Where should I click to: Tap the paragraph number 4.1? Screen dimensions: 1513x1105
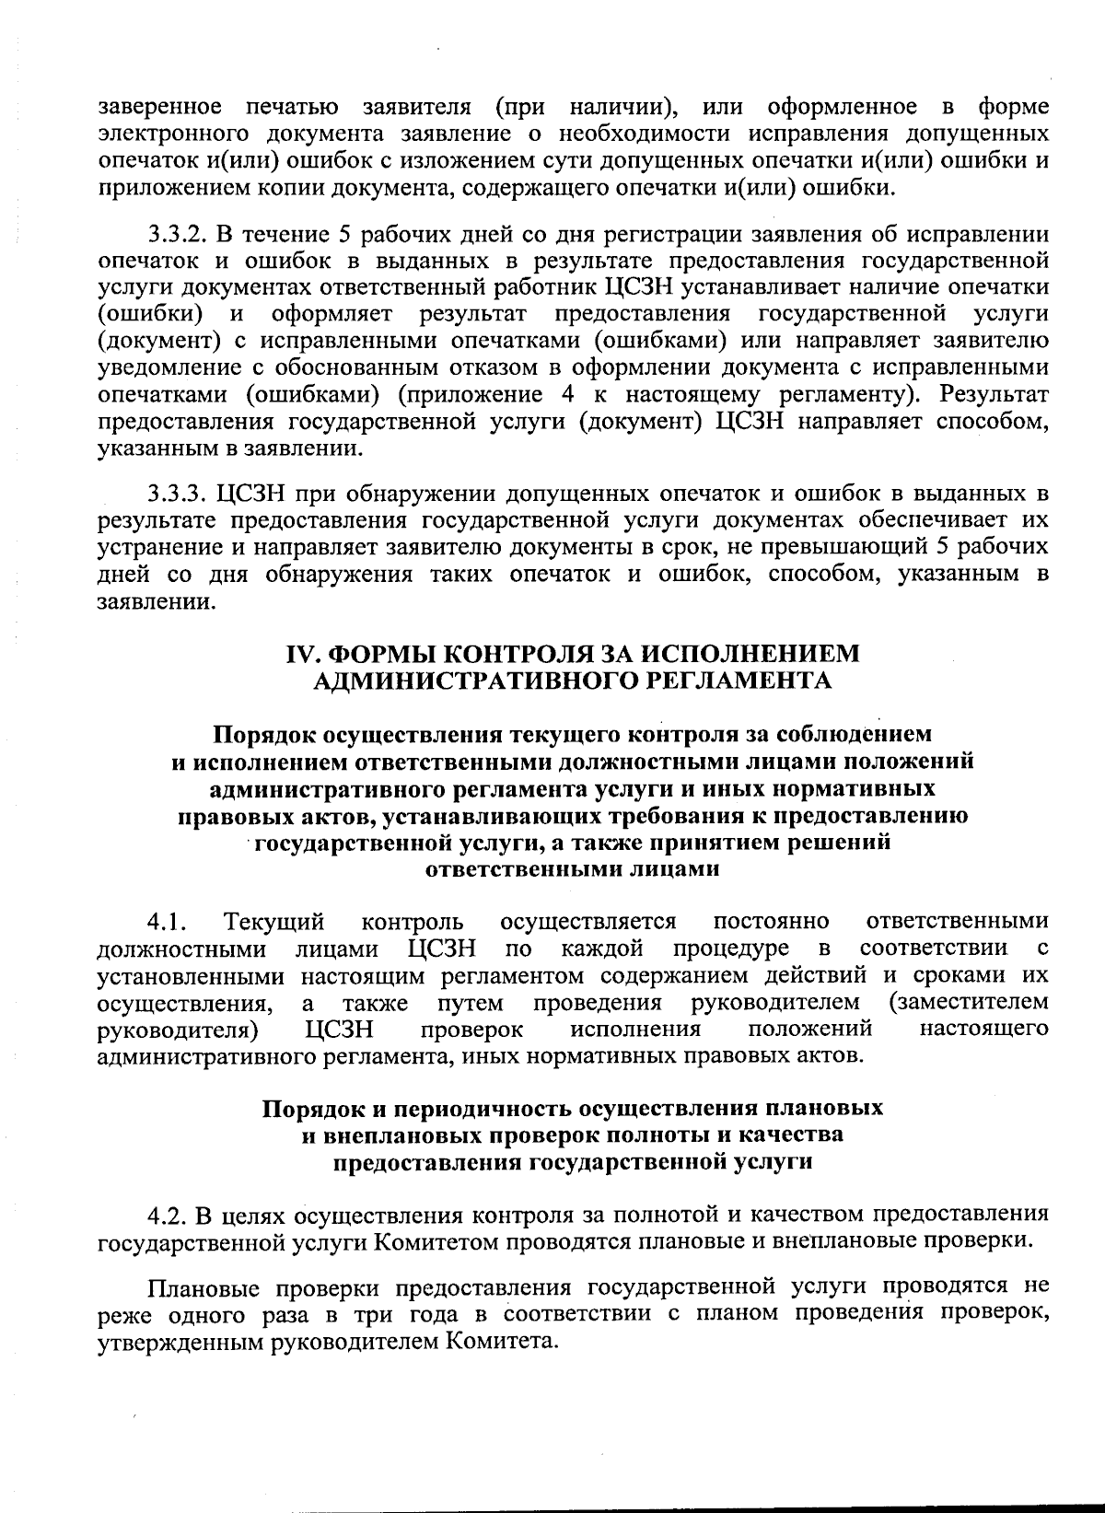167,922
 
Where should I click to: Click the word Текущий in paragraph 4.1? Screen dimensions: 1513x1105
274,922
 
